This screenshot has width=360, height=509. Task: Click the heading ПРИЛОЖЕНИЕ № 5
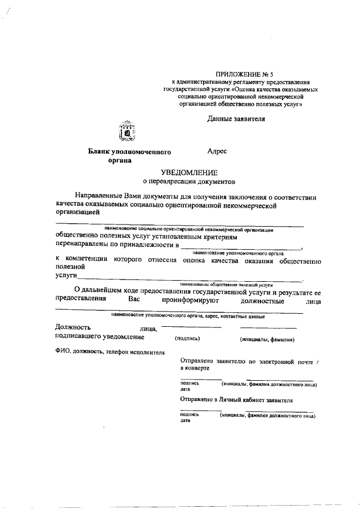[240, 74]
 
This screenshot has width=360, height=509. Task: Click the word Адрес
[217, 151]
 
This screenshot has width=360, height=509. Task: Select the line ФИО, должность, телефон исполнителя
[110, 352]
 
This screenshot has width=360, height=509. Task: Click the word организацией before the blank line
[77, 213]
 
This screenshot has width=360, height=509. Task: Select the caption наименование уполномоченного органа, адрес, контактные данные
[188, 316]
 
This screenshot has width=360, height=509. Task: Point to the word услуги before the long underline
[65, 276]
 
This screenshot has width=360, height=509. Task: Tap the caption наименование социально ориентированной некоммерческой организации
[189, 229]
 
